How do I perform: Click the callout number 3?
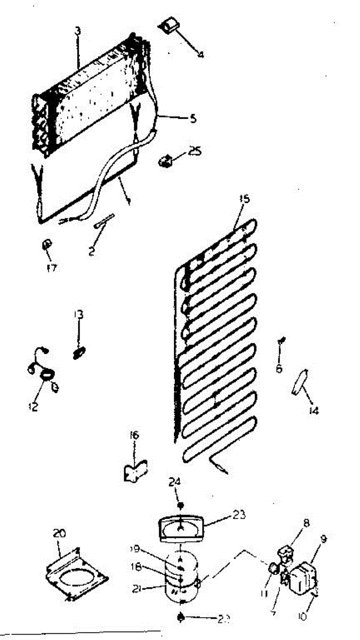pos(78,30)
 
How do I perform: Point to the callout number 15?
pos(244,199)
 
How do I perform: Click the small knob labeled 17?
pos(47,245)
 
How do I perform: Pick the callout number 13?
pos(78,315)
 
